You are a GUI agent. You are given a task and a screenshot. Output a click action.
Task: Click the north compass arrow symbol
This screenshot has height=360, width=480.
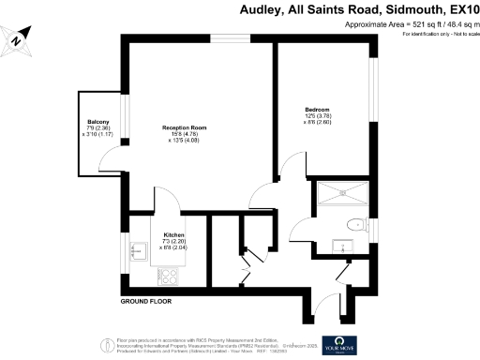17,39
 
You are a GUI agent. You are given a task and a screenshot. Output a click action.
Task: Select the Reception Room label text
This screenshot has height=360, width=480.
184,127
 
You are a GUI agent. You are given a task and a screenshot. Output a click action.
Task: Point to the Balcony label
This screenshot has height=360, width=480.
98,123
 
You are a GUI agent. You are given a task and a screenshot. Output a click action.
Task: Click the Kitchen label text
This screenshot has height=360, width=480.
173,234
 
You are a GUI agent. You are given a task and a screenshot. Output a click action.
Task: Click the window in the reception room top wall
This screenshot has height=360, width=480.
223,37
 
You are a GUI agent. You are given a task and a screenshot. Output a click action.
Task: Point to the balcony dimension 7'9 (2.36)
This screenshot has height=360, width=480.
98,128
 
